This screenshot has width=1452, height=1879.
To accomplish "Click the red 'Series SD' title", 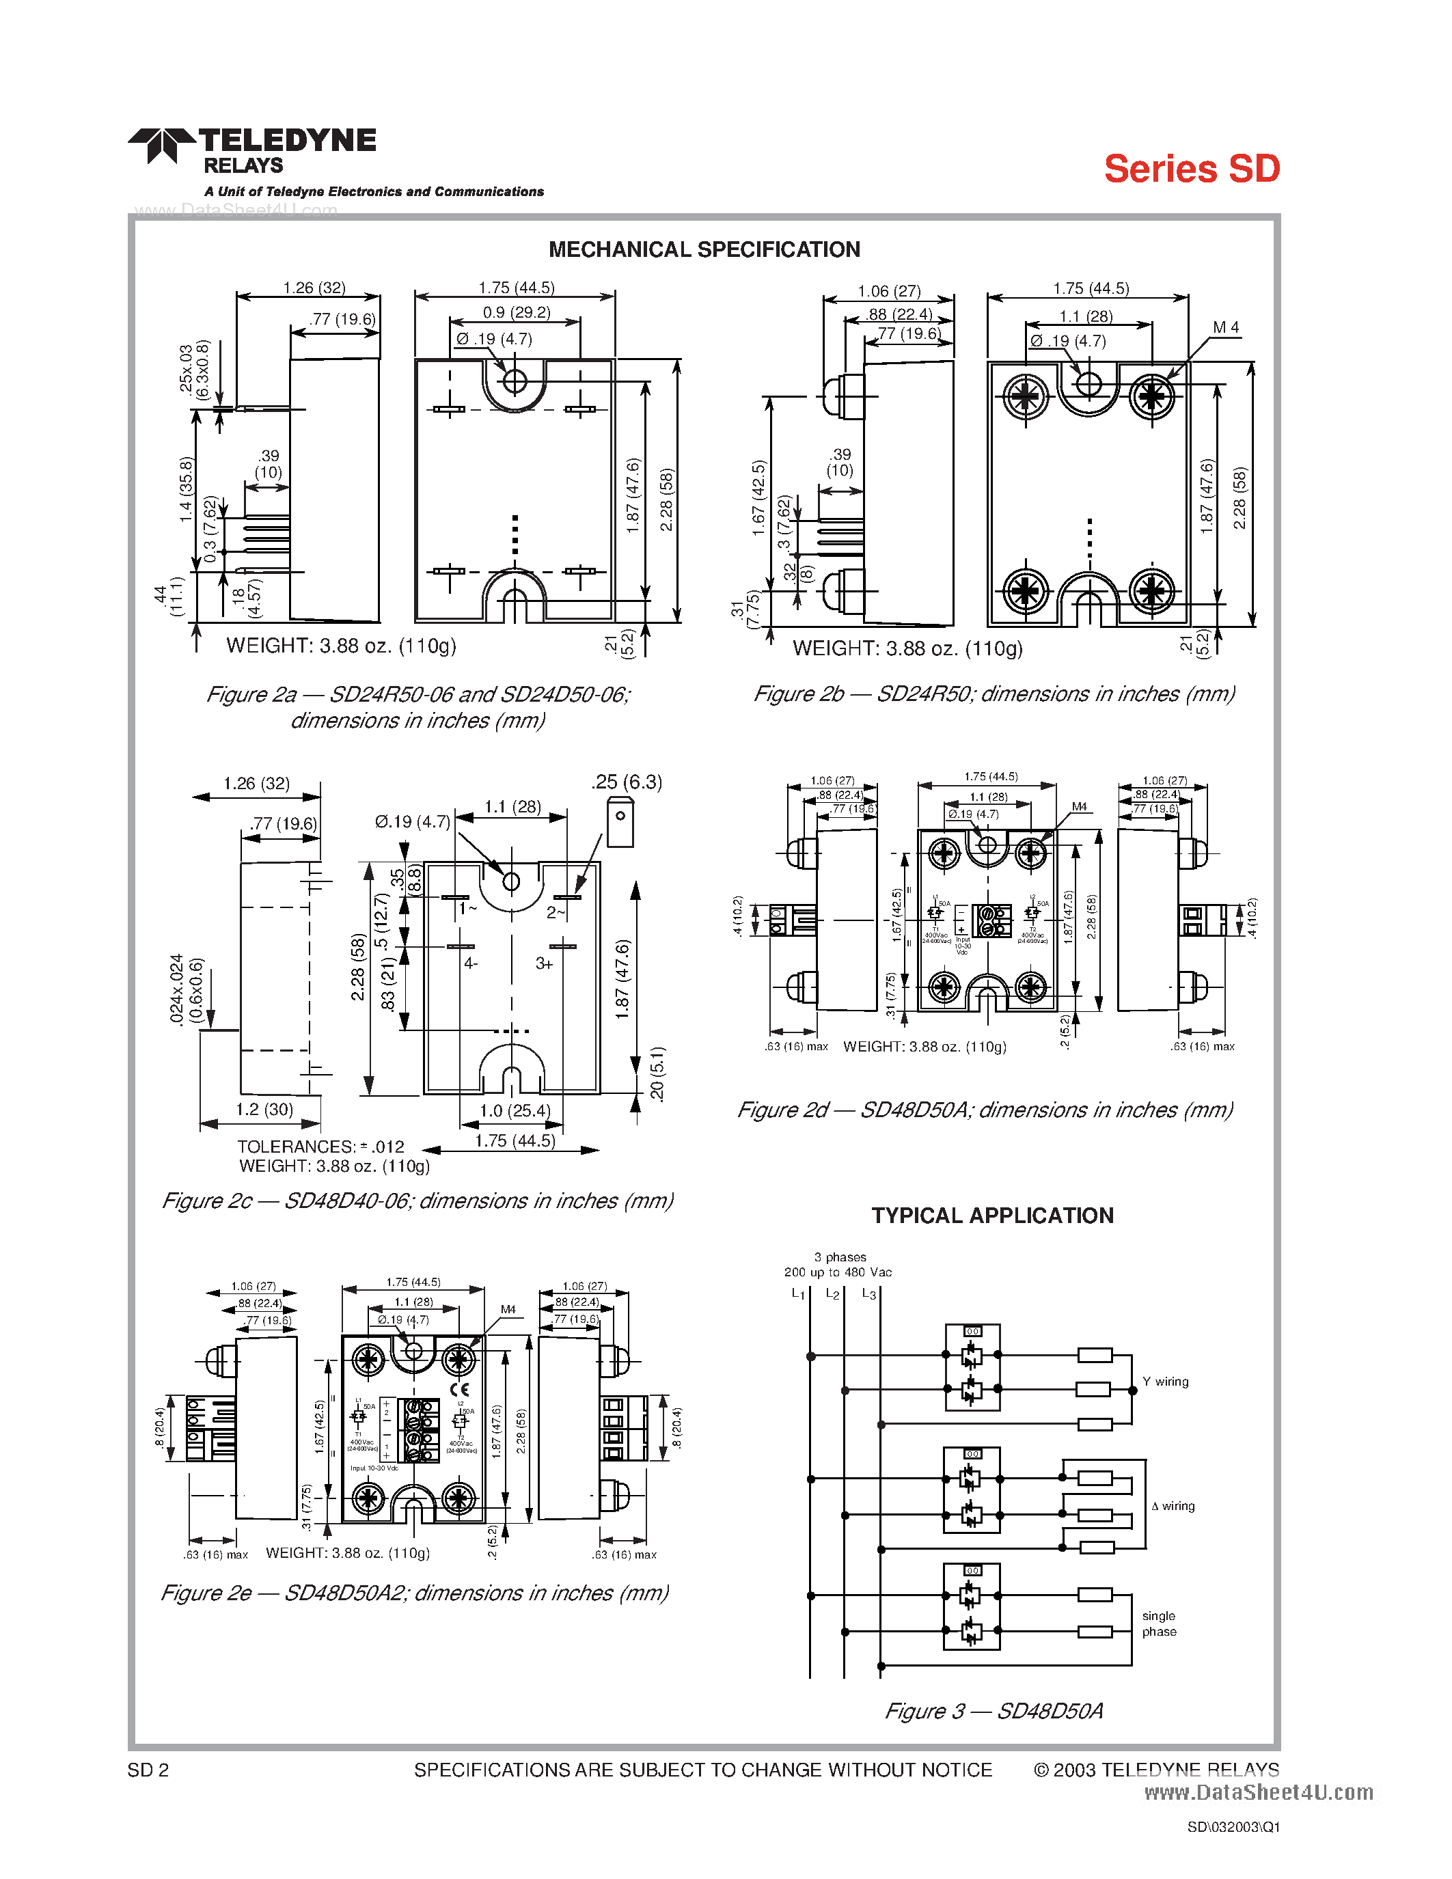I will (1192, 169).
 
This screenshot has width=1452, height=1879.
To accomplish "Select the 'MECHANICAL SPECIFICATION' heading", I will (704, 249).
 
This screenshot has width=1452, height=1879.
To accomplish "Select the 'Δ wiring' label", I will (1173, 1506).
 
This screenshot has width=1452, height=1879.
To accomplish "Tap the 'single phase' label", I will (1159, 1623).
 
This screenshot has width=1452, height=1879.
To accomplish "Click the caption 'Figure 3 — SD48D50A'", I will (994, 1711).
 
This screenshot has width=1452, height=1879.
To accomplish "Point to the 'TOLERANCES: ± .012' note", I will (320, 1147).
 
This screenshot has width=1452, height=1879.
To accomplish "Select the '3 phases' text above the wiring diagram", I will (840, 1257).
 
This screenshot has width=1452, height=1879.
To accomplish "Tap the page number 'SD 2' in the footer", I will (148, 1770).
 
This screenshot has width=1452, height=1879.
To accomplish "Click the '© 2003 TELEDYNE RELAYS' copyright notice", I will (1155, 1770).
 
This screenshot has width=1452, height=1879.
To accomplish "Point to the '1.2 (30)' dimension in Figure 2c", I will (264, 1110).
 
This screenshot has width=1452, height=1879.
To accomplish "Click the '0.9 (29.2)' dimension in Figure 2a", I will (516, 312).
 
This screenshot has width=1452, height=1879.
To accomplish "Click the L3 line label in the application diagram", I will (868, 1294).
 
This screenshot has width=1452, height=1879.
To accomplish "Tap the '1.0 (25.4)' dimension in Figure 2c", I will (515, 1111).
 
